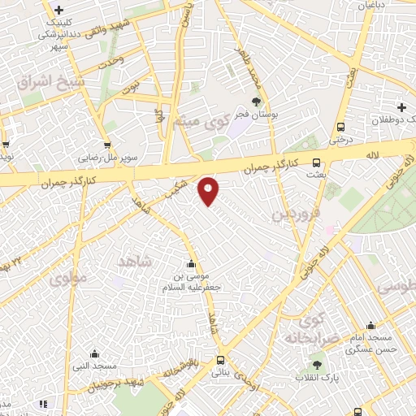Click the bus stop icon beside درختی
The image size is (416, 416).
point(340,127)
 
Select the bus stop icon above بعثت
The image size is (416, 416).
point(316,162)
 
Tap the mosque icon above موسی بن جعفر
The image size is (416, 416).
point(191,263)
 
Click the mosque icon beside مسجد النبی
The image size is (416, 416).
point(95,354)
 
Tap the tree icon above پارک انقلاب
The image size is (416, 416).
point(316,365)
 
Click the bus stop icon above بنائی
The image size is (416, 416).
point(220,360)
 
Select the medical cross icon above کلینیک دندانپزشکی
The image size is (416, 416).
point(58,9)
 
